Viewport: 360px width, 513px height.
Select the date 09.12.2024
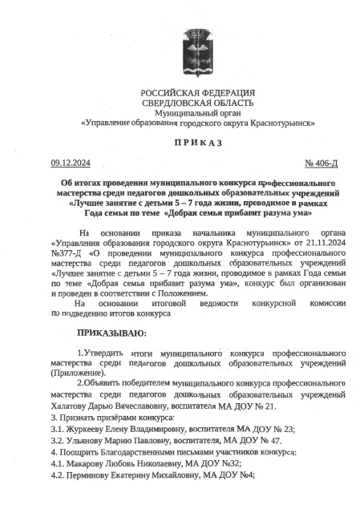69,163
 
